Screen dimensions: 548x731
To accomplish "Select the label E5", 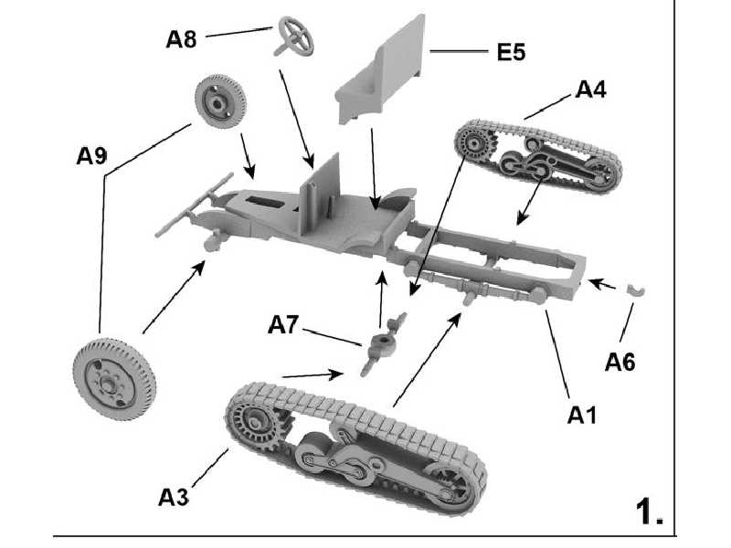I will click(511, 52).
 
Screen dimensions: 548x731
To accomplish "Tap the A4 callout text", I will click(590, 90).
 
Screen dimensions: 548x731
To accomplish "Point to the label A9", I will click(92, 155).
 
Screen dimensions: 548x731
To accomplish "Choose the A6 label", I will click(620, 361).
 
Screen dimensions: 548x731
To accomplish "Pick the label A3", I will click(175, 497).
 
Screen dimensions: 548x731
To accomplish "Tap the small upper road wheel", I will click(218, 105).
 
